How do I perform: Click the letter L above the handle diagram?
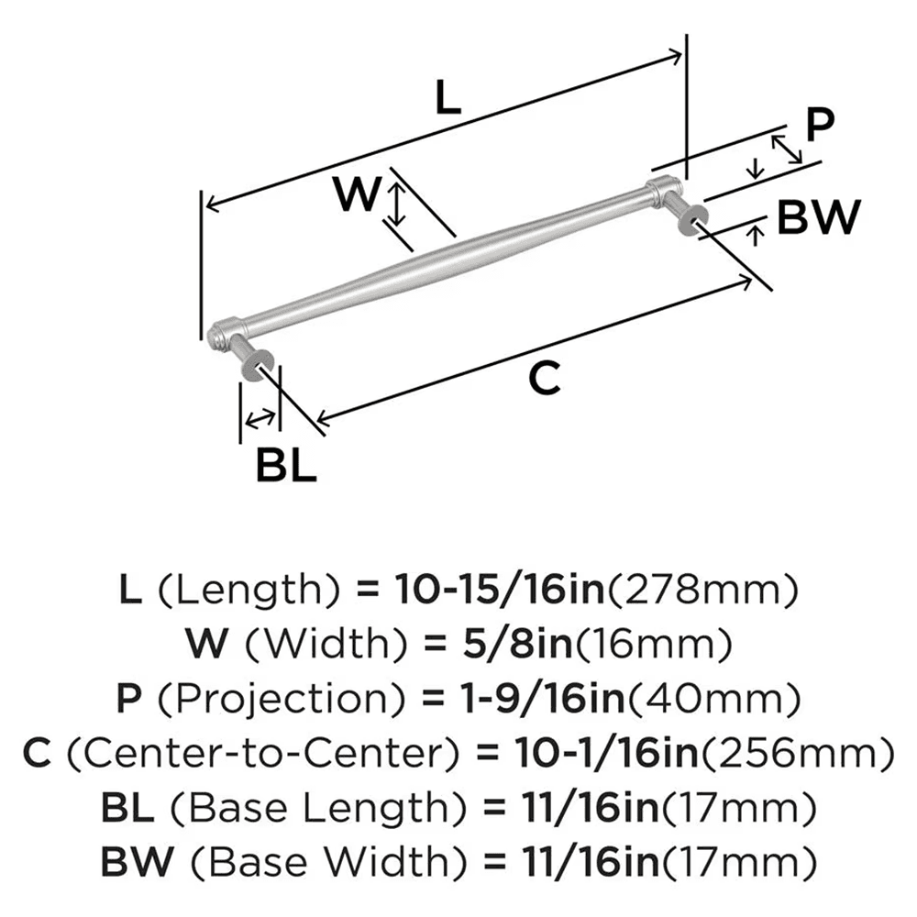coord(447,96)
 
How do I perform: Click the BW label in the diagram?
coord(818,218)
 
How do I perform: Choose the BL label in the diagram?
coord(285,466)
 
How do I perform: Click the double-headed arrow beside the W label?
coord(395,204)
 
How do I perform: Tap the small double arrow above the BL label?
coord(260,419)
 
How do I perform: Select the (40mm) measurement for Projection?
coord(737,700)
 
